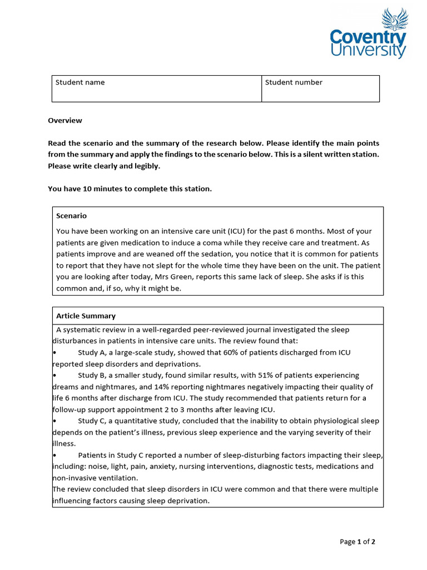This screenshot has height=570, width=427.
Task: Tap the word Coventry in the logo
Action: [x=368, y=38]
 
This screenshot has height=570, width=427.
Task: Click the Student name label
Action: [x=80, y=82]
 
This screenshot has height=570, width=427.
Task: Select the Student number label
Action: [x=294, y=82]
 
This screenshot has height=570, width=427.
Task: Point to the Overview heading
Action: [x=65, y=120]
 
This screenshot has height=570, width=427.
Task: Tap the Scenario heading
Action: [x=71, y=216]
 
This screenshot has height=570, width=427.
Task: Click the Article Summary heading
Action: [x=86, y=316]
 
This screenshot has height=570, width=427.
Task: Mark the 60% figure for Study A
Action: [x=231, y=352]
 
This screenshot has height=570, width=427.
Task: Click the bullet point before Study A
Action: [x=54, y=353]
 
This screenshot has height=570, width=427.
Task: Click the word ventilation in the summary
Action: [x=119, y=478]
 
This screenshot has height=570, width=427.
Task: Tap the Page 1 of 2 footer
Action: [x=358, y=542]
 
